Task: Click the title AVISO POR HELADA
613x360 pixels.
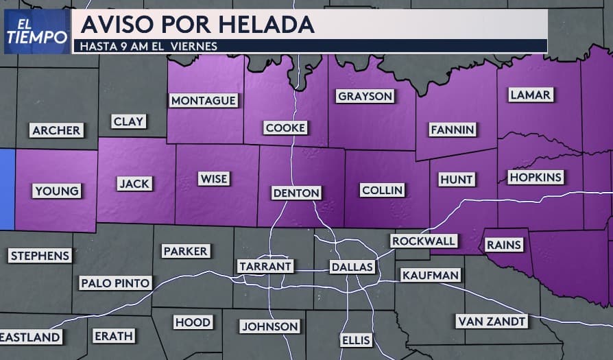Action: click(x=197, y=25)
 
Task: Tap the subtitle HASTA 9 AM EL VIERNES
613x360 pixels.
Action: click(x=149, y=47)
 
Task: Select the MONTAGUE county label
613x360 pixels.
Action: click(x=204, y=101)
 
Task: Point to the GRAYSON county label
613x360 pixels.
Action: click(x=365, y=96)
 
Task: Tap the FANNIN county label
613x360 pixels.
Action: click(x=453, y=130)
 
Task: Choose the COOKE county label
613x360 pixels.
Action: click(x=286, y=128)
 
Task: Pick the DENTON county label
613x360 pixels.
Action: click(x=296, y=193)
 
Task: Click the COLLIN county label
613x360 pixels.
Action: click(x=383, y=190)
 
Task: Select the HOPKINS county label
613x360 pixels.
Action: click(x=536, y=178)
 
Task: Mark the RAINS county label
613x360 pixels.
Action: click(x=504, y=244)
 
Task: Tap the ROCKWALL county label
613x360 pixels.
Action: click(x=423, y=241)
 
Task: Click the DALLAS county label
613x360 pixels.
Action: click(x=352, y=266)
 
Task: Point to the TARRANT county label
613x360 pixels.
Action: click(x=265, y=265)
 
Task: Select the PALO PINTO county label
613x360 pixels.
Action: click(x=115, y=283)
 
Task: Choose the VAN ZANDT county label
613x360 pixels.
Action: click(x=492, y=321)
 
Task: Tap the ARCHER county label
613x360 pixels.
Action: click(x=56, y=130)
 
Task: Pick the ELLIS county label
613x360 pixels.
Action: click(x=355, y=339)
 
